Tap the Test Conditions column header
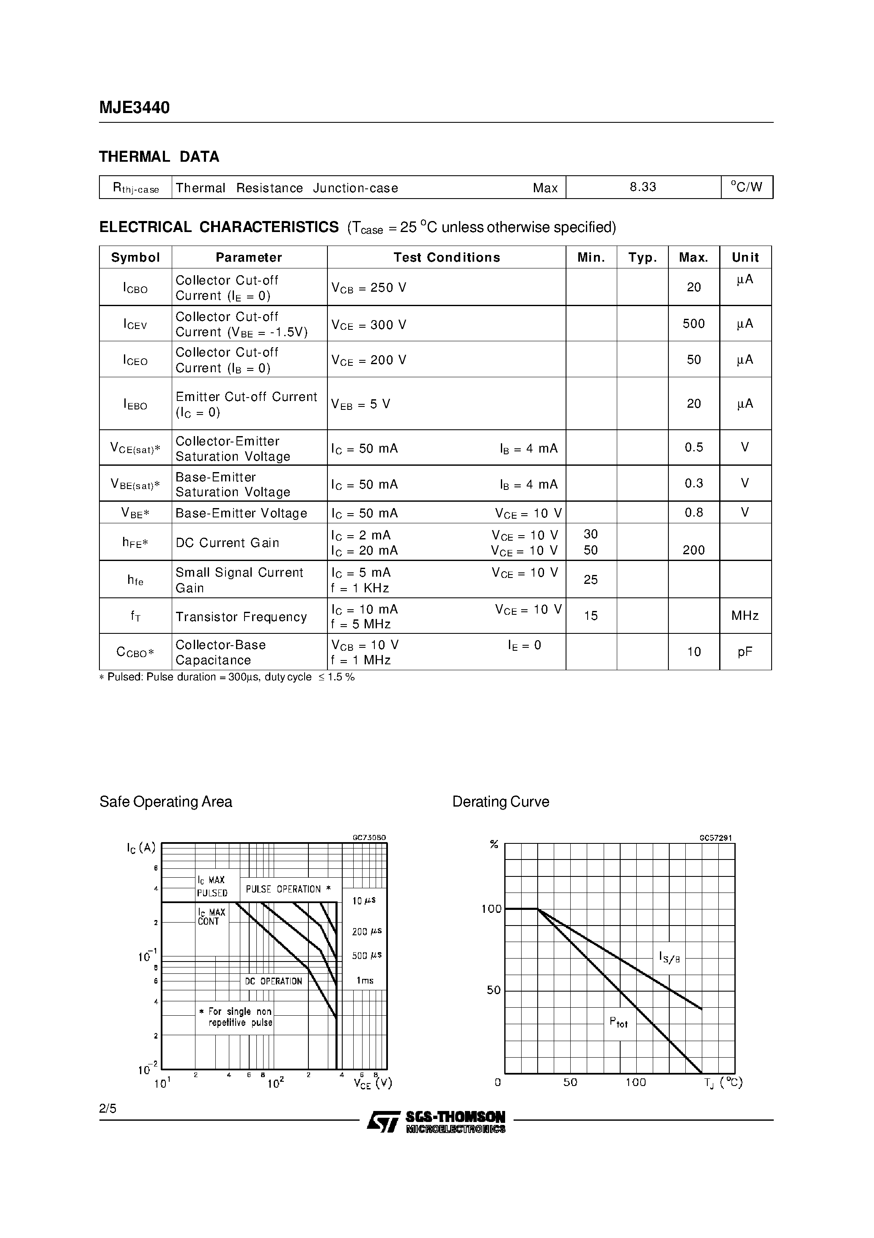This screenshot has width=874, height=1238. pos(446,257)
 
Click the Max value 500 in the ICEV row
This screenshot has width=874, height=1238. pos(693,323)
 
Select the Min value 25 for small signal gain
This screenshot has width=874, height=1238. pos(591,580)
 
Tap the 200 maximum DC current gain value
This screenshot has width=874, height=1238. pos(693,550)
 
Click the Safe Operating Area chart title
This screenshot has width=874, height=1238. pos(165,802)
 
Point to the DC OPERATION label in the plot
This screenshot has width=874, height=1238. pos(273,981)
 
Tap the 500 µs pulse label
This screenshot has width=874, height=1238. pos(366,956)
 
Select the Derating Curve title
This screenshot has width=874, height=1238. pos(500,802)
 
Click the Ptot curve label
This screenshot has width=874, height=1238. pos(618,1022)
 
